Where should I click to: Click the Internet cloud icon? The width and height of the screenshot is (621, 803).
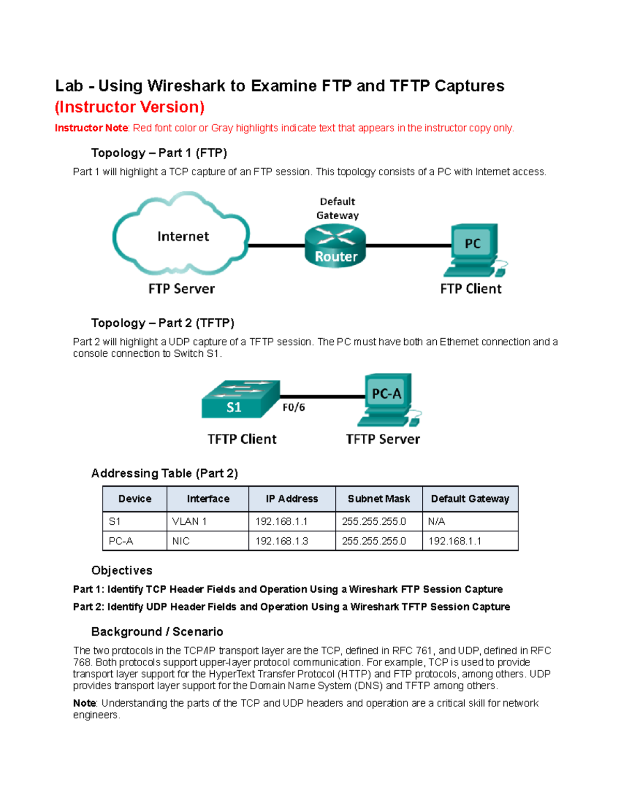coord(182,235)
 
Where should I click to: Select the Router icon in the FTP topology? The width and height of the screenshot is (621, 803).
coord(335,247)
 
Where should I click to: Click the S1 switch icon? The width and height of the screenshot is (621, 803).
coord(240,399)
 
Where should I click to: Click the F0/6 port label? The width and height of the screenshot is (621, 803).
coord(293,407)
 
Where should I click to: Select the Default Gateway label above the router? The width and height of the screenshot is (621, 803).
coord(337,208)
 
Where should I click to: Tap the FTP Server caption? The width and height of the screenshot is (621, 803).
coord(181,289)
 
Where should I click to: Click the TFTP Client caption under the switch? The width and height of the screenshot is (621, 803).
coord(242,439)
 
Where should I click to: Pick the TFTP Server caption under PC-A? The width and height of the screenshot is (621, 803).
coord(383,439)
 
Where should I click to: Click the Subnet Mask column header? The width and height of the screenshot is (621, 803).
coord(379,499)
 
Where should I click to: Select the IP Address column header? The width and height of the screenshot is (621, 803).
coord(292,499)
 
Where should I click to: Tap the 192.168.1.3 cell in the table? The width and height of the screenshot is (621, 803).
coord(282,541)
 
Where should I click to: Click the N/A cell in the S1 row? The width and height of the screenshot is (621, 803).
coord(436,521)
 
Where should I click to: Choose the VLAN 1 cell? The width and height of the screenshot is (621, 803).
coord(189,521)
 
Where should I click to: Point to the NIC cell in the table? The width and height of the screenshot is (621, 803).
coord(181,541)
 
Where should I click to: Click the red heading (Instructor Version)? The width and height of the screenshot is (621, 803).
coord(129,107)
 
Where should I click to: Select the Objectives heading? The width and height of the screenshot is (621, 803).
coord(122,570)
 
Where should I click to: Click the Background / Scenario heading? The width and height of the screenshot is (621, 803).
coord(157,631)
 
